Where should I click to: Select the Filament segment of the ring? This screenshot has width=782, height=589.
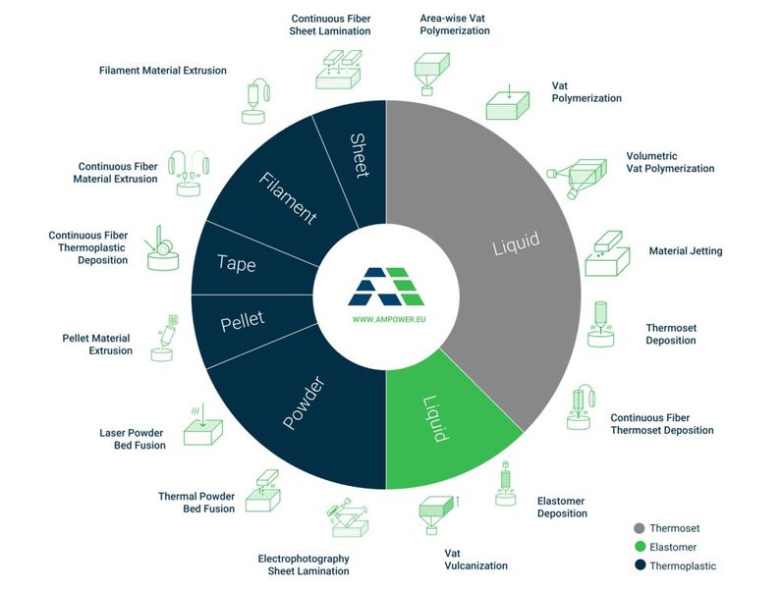point(289,198)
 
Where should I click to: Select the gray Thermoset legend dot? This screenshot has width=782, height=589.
point(640,528)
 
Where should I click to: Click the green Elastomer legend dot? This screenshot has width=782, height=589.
point(640,547)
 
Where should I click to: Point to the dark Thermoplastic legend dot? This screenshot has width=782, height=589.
point(640,565)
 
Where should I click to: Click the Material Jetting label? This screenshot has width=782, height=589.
point(685,251)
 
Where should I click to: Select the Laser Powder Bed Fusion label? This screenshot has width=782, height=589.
point(132,439)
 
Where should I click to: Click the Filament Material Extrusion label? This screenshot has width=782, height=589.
point(163,71)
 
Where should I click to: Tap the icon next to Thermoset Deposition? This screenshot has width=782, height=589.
point(602,325)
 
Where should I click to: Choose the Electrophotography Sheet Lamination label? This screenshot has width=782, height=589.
point(304,564)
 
